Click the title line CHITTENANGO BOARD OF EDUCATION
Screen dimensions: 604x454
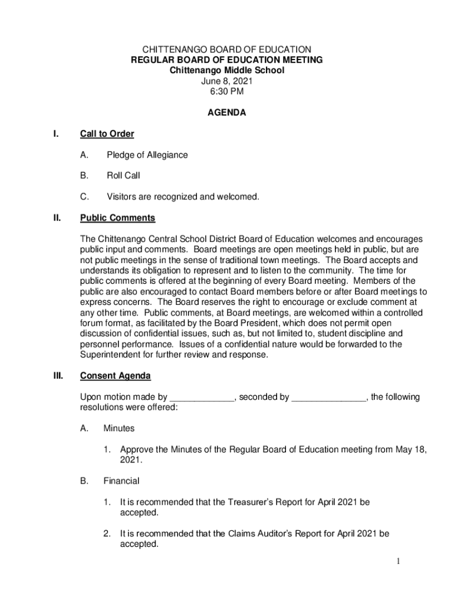(227, 50)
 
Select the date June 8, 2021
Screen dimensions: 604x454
(227, 81)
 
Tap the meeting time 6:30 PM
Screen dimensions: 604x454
(227, 92)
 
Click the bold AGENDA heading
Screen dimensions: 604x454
(227, 113)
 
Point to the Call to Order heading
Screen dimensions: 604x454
(107, 134)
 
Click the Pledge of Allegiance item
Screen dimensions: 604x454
(147, 155)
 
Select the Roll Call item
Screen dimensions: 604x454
(123, 176)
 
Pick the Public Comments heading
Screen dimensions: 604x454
(117, 218)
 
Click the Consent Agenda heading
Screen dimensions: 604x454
(115, 376)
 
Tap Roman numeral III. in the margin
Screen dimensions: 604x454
(58, 376)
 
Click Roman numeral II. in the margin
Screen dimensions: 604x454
(57, 218)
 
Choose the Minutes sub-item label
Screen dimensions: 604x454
(119, 428)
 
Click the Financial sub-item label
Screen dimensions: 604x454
(121, 481)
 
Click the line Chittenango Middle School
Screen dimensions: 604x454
(227, 71)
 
